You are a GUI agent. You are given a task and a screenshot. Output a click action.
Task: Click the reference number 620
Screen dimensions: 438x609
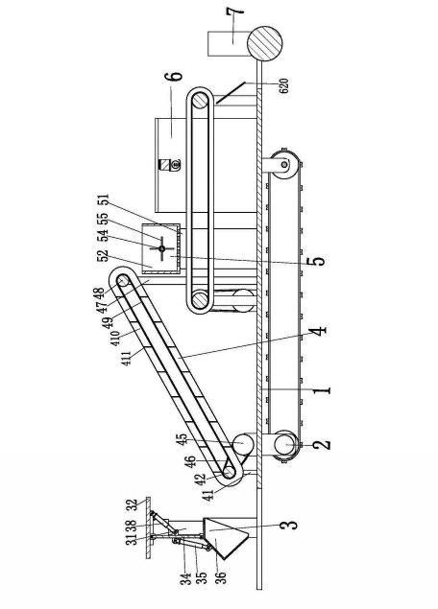click(284, 85)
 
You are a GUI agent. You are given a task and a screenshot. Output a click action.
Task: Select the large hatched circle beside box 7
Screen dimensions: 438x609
click(264, 43)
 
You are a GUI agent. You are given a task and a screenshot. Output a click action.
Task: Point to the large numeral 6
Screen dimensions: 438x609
click(176, 76)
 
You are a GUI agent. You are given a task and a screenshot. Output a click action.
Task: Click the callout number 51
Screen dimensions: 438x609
click(104, 200)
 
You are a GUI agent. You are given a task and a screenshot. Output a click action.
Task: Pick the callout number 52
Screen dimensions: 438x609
click(104, 256)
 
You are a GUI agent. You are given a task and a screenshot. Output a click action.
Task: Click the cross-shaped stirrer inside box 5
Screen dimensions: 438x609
click(162, 248)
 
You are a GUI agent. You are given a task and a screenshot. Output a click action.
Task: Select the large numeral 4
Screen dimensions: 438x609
click(318, 331)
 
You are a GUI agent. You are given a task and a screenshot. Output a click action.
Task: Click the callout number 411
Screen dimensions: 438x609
click(127, 357)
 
